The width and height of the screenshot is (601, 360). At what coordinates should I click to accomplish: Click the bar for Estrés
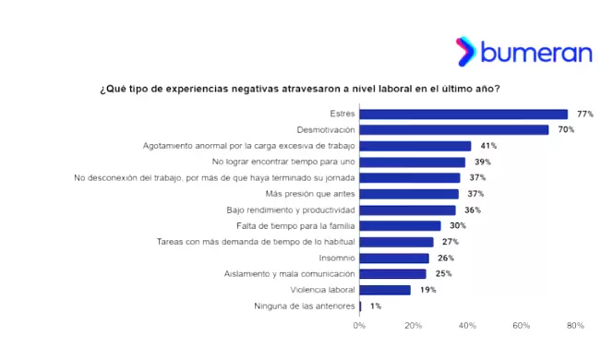(463, 114)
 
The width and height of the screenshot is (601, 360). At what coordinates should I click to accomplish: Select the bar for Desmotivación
(454, 130)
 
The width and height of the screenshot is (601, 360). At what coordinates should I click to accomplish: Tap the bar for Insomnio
(394, 258)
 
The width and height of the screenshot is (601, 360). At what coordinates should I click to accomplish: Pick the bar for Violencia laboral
(385, 290)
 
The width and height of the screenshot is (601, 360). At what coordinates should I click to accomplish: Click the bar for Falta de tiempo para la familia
(400, 225)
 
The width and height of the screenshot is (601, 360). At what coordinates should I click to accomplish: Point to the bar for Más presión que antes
(409, 194)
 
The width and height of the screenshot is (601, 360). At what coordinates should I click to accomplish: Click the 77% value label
(584, 114)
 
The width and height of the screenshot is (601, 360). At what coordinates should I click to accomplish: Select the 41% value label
(488, 146)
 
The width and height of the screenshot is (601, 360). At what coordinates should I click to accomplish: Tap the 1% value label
(376, 306)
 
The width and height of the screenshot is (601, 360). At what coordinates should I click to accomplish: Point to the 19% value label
(427, 290)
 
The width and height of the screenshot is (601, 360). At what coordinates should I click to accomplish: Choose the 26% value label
(446, 258)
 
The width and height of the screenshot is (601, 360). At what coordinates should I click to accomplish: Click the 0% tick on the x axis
(359, 326)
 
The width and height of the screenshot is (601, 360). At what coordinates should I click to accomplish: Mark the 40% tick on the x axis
(468, 326)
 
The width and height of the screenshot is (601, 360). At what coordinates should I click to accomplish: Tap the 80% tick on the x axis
(575, 326)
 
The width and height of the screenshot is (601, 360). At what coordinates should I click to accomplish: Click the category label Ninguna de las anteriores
(304, 306)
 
